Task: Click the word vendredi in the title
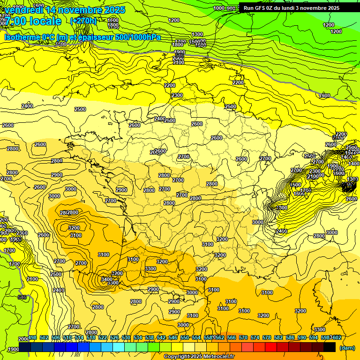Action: (23, 9)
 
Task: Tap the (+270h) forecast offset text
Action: (83, 21)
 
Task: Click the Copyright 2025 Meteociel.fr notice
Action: (199, 356)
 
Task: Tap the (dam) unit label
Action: (347, 348)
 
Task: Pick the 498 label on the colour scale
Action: (32, 337)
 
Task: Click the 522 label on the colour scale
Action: (103, 337)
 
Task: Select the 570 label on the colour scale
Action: (243, 337)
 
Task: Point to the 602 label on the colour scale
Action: (336, 337)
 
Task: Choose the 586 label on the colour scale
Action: (290, 337)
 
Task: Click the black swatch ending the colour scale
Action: (330, 347)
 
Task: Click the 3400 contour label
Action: (107, 279)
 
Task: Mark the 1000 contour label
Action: (219, 8)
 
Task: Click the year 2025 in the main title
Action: (114, 9)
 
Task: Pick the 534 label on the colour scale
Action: (138, 337)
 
